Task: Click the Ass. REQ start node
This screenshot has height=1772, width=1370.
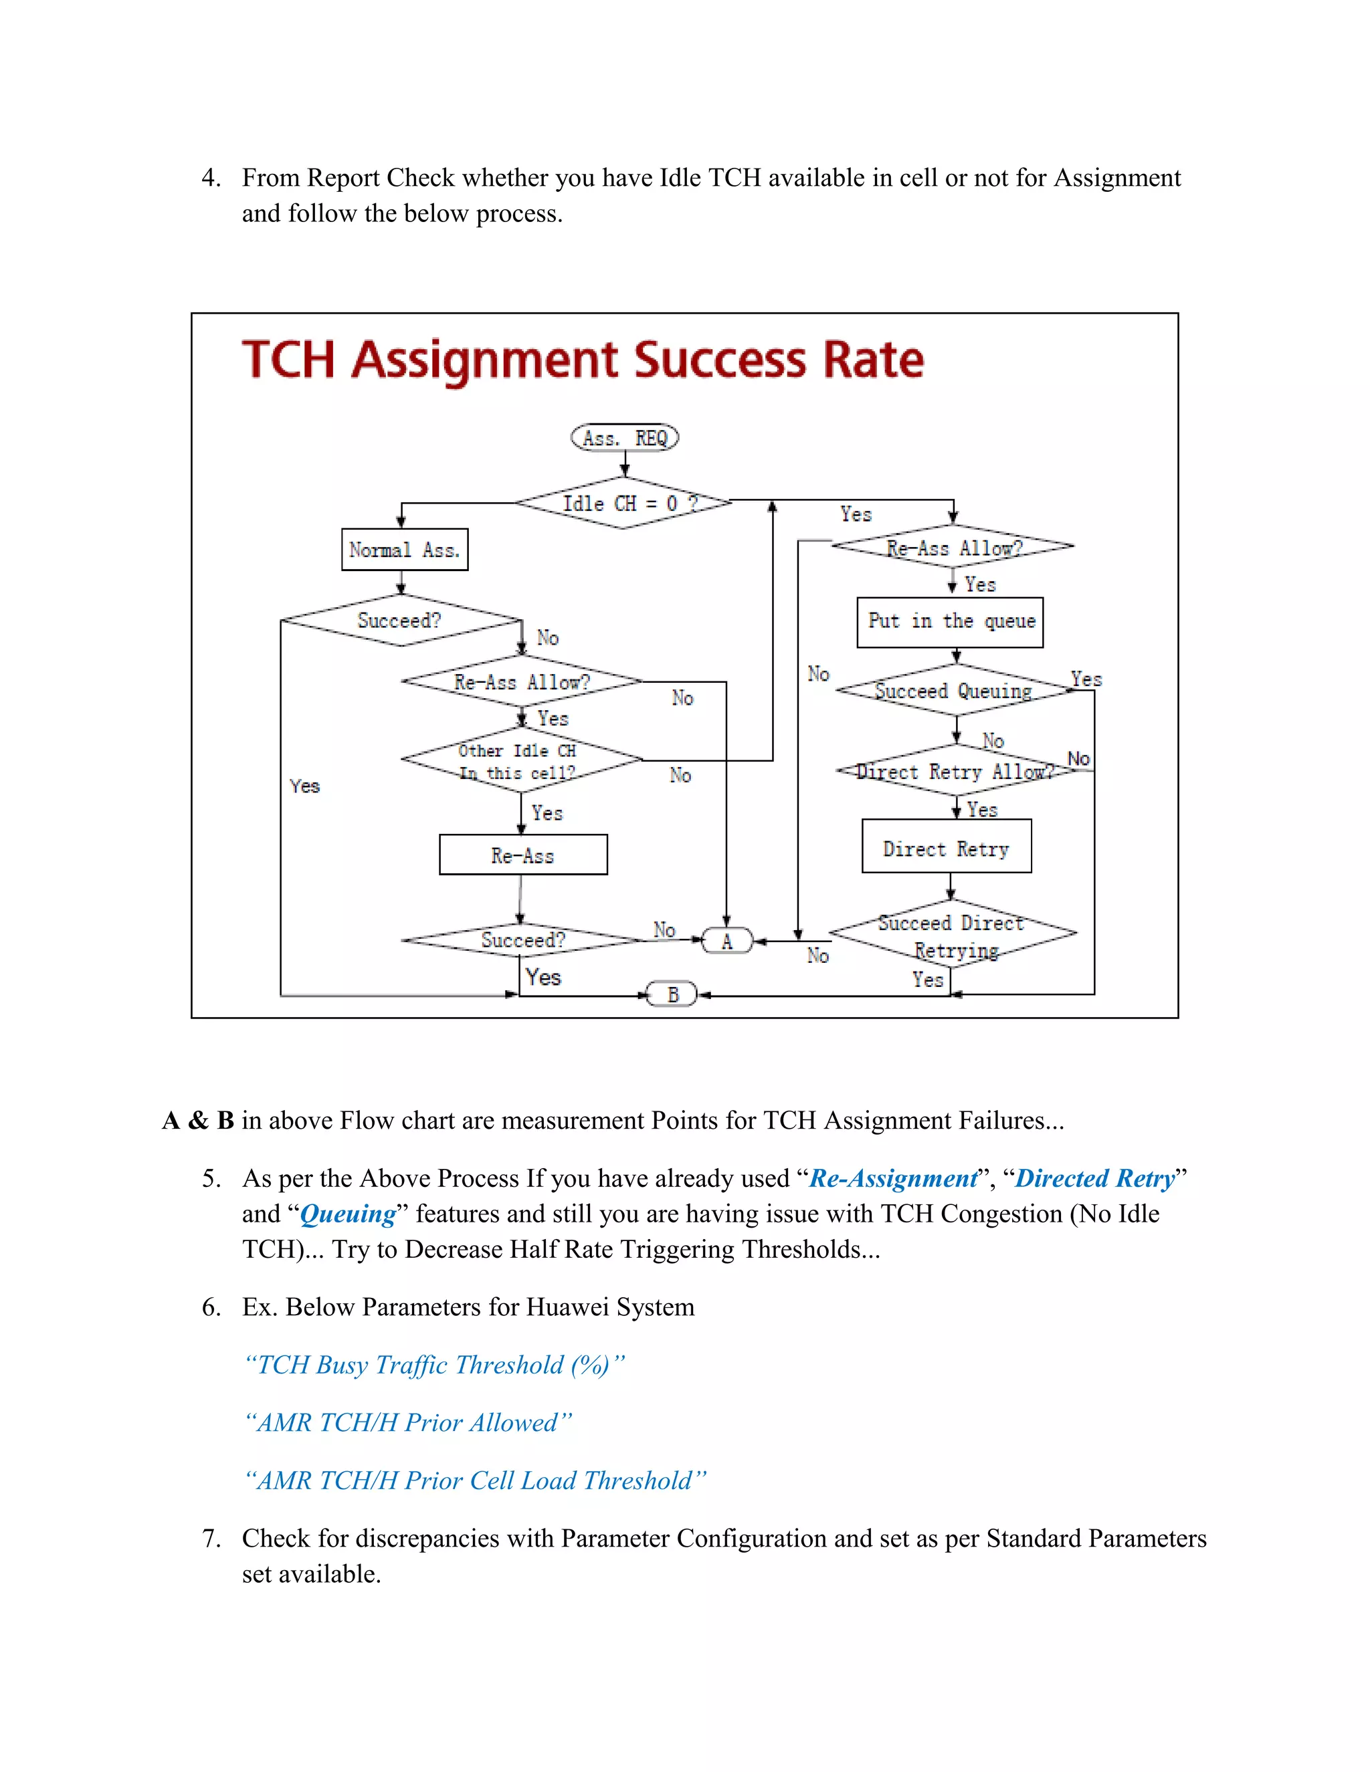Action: [624, 438]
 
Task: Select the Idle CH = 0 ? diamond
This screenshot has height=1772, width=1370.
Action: [624, 503]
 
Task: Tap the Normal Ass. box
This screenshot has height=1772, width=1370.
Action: [404, 550]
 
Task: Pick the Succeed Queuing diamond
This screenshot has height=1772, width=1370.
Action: [955, 691]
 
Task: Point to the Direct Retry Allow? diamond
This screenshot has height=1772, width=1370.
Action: [955, 771]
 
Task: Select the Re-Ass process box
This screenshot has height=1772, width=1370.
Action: [522, 855]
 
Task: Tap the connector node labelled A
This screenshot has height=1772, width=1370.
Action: [727, 942]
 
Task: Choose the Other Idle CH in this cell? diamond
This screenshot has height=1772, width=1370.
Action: [521, 761]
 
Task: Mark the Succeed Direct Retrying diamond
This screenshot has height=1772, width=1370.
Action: [952, 934]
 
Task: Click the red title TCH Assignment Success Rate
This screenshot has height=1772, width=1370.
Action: [583, 360]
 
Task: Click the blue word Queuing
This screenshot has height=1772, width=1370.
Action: [347, 1214]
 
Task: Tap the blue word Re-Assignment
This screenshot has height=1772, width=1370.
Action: [893, 1179]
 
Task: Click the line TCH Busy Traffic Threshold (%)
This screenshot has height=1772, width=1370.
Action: [434, 1365]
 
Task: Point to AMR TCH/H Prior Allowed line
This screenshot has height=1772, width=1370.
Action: [408, 1423]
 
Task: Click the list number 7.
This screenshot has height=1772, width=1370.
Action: [210, 1539]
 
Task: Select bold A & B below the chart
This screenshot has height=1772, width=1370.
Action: [199, 1121]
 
